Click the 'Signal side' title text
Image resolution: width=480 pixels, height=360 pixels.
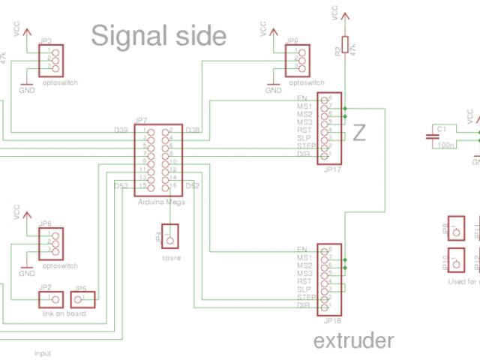[158, 35]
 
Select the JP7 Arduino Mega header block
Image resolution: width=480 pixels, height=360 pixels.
[160, 158]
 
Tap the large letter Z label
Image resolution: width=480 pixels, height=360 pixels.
[360, 133]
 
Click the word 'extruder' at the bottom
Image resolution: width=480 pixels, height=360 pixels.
[353, 342]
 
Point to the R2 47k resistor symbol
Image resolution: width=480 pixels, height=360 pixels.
[345, 46]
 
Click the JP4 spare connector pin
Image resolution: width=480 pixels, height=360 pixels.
[171, 240]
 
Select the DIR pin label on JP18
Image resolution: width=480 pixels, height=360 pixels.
[304, 305]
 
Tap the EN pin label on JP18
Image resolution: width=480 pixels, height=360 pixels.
[301, 249]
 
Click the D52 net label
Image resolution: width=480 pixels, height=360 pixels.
[193, 185]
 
